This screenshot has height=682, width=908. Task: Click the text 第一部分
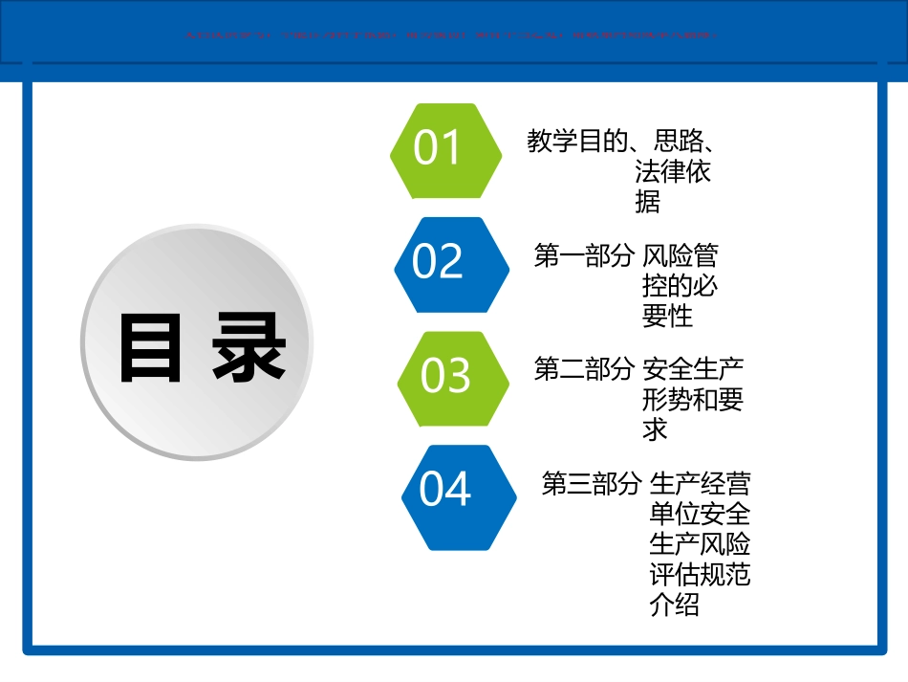click(x=583, y=256)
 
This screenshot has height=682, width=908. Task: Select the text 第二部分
click(x=583, y=369)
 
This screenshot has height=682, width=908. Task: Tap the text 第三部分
click(x=591, y=483)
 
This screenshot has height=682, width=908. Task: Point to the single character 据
click(x=647, y=202)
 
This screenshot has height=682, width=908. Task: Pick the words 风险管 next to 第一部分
click(x=680, y=256)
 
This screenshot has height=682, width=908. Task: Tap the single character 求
click(x=655, y=429)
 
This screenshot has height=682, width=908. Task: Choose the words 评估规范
click(x=700, y=574)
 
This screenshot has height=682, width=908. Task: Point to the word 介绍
click(x=674, y=605)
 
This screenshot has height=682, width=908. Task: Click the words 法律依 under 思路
click(x=672, y=173)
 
